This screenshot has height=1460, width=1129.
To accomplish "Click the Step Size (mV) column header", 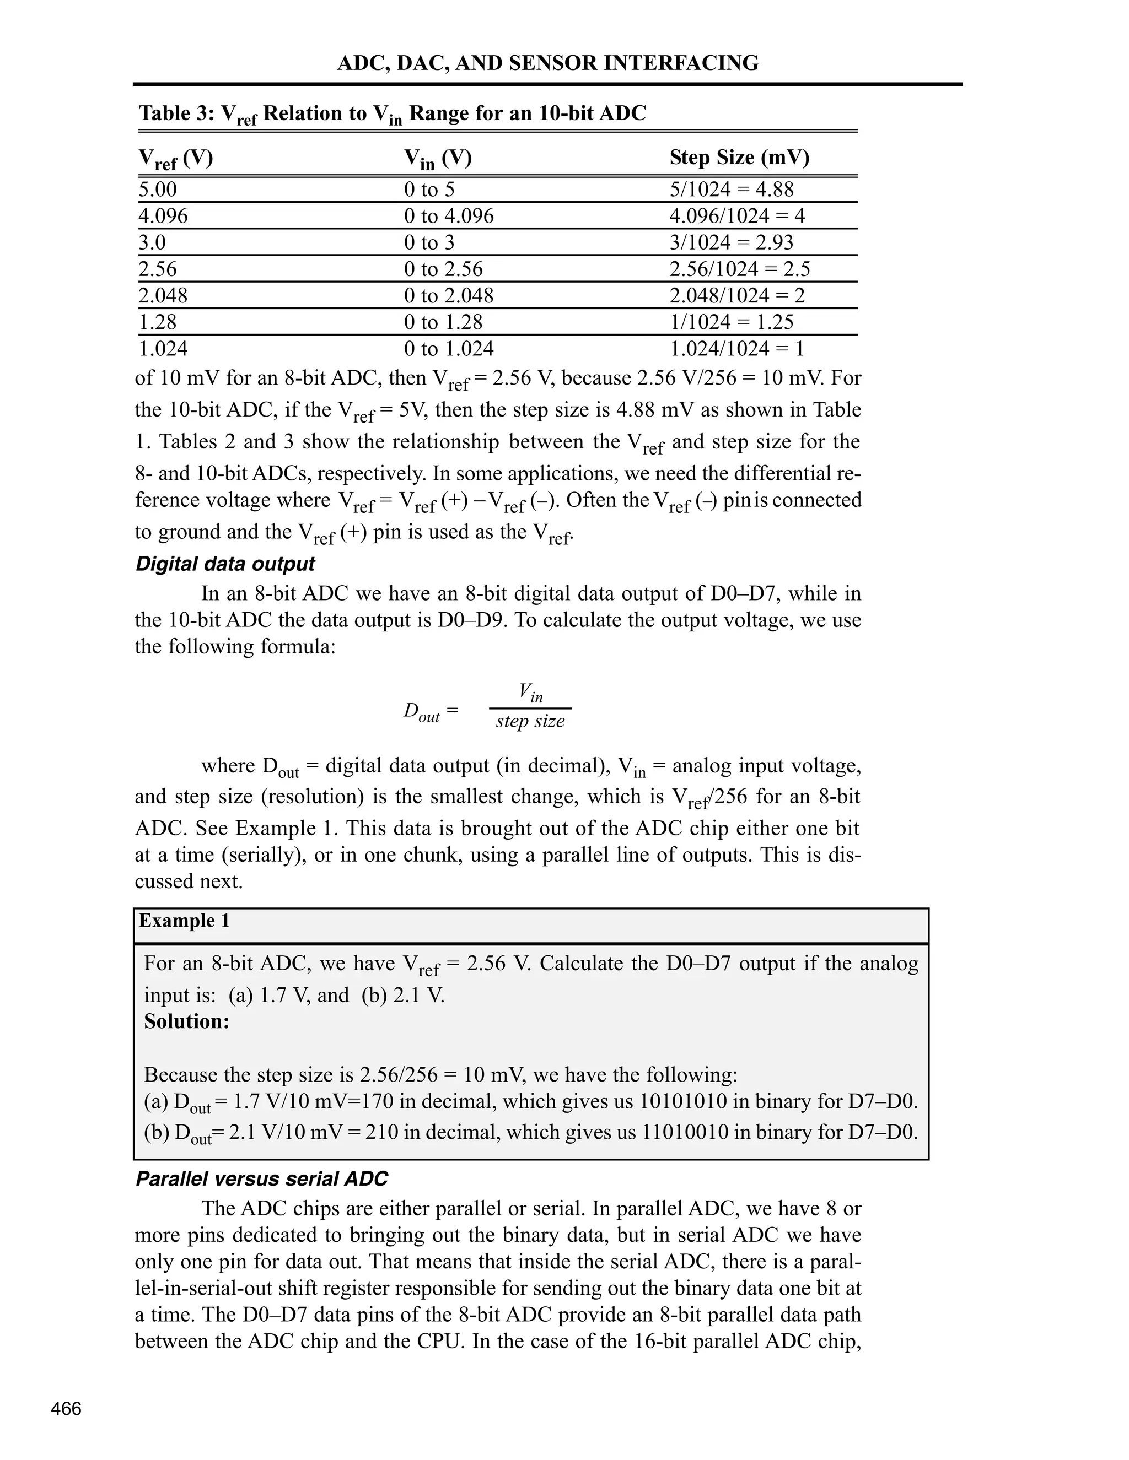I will tap(739, 158).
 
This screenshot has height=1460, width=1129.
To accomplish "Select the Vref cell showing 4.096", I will tap(163, 216).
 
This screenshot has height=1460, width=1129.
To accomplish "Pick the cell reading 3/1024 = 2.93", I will tap(731, 242).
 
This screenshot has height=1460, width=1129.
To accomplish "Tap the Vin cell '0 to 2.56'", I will tap(443, 269).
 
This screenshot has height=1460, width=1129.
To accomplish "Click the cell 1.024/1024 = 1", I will tap(736, 349).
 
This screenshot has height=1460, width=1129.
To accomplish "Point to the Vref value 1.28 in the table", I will tap(158, 322).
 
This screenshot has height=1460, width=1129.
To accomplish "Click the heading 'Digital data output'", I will tap(225, 564).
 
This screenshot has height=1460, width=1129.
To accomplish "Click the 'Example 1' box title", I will tap(184, 921).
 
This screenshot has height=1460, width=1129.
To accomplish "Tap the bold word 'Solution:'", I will tap(187, 1021).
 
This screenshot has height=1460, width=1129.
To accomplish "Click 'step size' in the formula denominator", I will tap(530, 721).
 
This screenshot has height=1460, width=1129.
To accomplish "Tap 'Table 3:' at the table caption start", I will tap(176, 113).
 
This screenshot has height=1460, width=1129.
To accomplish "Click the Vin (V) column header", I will tap(438, 158).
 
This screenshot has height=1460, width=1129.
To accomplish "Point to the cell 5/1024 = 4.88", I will tap(731, 189).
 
